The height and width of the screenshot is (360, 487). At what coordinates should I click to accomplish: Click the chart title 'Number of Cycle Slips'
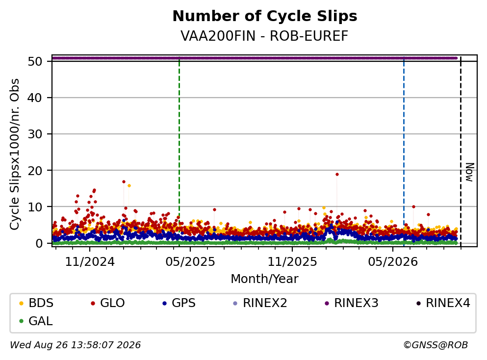[x=265, y=16]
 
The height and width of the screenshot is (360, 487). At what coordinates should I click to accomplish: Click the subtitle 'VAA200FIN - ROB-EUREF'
[x=264, y=36]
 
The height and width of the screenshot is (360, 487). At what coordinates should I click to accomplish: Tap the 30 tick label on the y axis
[x=35, y=134]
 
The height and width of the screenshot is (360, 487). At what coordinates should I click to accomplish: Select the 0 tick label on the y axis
[x=39, y=243]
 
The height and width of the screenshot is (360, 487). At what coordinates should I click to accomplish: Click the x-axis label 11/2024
[x=90, y=262]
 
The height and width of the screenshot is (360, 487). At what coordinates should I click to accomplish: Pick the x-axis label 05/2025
[x=190, y=262]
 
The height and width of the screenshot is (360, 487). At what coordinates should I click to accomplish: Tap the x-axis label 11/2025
[x=292, y=262]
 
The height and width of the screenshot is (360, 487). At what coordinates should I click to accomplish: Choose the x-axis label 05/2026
[x=393, y=262]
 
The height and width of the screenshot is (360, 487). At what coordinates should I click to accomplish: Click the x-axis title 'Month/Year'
[x=264, y=279]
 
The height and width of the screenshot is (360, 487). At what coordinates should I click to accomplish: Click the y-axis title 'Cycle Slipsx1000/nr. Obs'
[x=15, y=154]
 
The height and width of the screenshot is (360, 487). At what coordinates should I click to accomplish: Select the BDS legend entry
[x=36, y=303]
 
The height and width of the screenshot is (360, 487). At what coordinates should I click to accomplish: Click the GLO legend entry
[x=107, y=303]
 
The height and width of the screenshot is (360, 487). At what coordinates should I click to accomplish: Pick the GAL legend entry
[x=36, y=321]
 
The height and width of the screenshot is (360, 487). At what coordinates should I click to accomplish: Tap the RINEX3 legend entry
[x=351, y=303]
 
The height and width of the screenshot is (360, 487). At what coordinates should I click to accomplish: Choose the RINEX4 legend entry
[x=443, y=303]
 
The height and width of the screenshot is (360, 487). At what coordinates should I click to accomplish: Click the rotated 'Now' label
[x=470, y=172]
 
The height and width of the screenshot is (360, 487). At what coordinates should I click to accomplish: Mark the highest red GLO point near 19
[x=337, y=174]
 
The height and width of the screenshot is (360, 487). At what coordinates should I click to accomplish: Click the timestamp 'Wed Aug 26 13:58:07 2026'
[x=76, y=345]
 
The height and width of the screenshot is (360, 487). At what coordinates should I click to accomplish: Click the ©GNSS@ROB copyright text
[x=436, y=345]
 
